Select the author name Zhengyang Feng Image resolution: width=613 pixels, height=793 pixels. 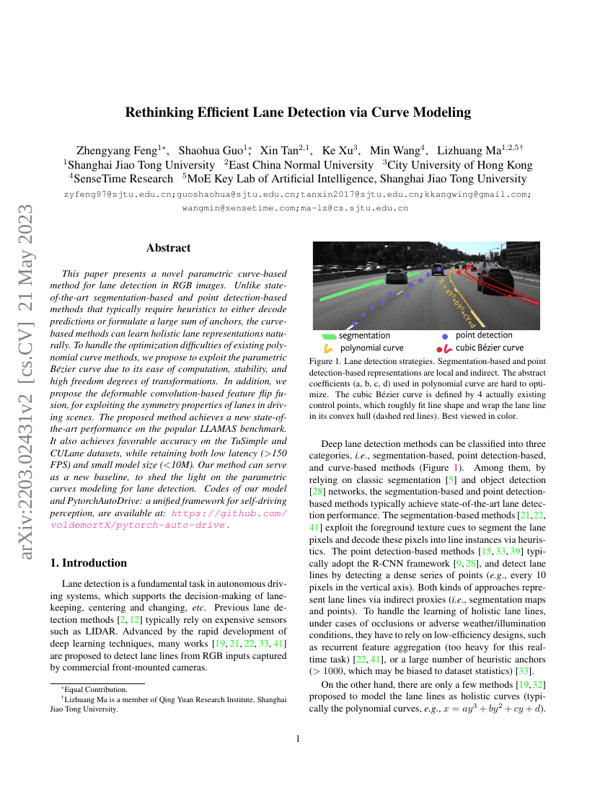(x=120, y=150)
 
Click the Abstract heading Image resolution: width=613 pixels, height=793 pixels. (x=168, y=248)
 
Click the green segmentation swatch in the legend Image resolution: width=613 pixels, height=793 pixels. (x=328, y=336)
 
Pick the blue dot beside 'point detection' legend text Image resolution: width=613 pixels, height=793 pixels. (x=445, y=336)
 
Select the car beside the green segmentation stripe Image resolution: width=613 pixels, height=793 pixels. (x=397, y=277)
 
